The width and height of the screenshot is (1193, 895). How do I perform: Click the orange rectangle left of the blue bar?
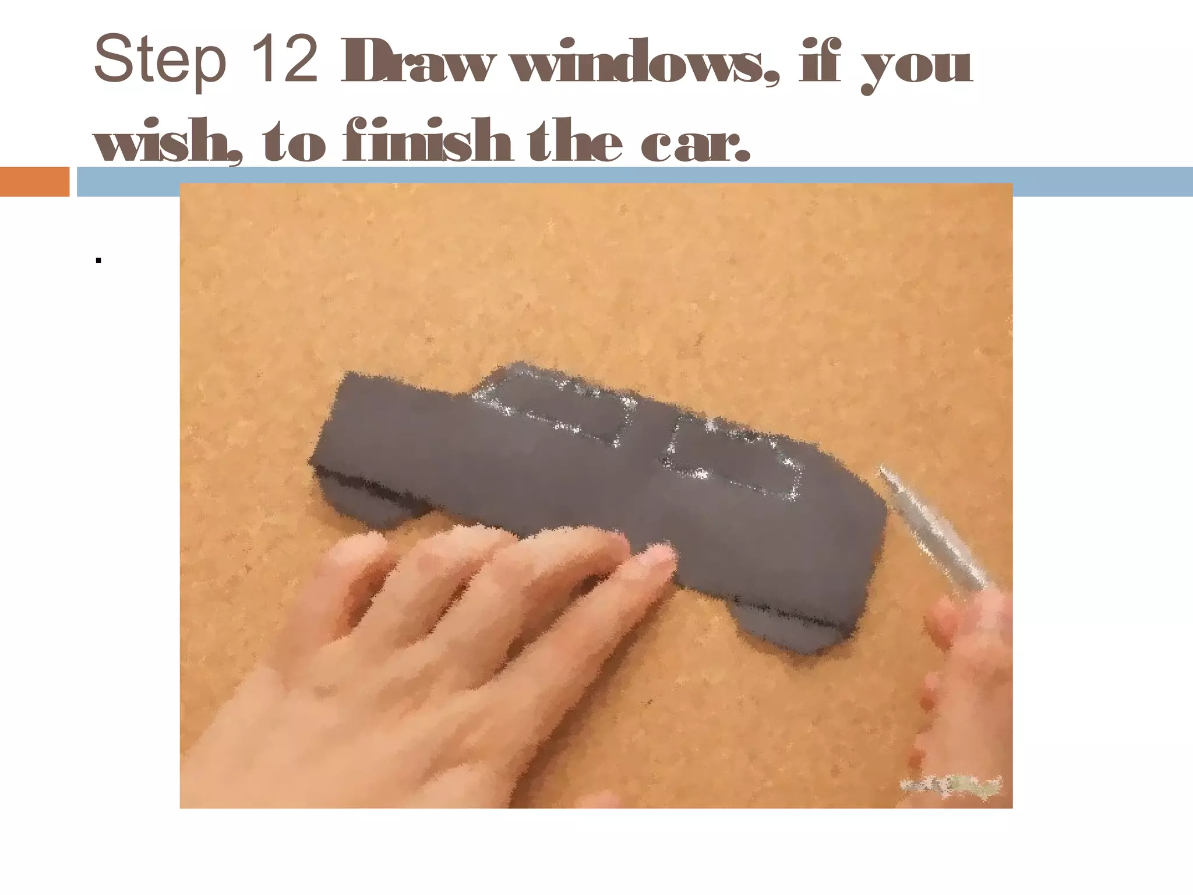coord(34,181)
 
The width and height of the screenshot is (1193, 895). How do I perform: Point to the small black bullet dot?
coord(98,260)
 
